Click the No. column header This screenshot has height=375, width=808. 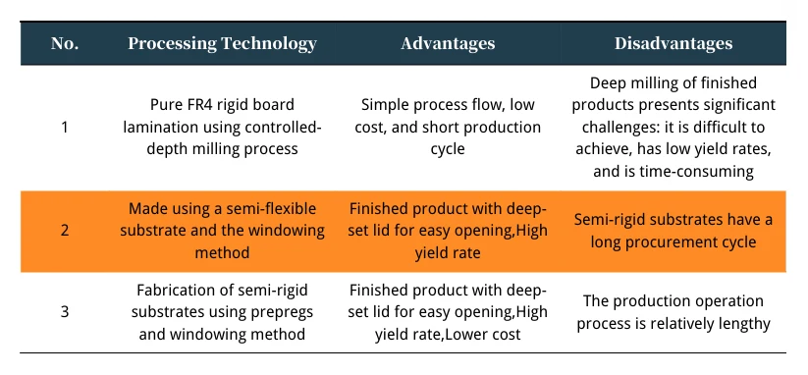tap(65, 43)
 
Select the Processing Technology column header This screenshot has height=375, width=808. tap(222, 43)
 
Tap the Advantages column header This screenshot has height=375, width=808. tap(448, 43)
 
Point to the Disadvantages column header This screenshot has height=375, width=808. tap(673, 43)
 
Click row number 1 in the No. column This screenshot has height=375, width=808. tap(65, 127)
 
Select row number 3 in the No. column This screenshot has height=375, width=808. tap(65, 311)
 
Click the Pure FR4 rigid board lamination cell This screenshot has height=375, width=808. tap(222, 127)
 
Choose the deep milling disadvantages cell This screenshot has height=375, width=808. tap(673, 127)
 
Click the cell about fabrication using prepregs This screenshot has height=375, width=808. tap(222, 311)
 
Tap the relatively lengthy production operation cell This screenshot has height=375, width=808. tap(673, 311)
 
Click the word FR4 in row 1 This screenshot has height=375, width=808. tap(201, 105)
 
